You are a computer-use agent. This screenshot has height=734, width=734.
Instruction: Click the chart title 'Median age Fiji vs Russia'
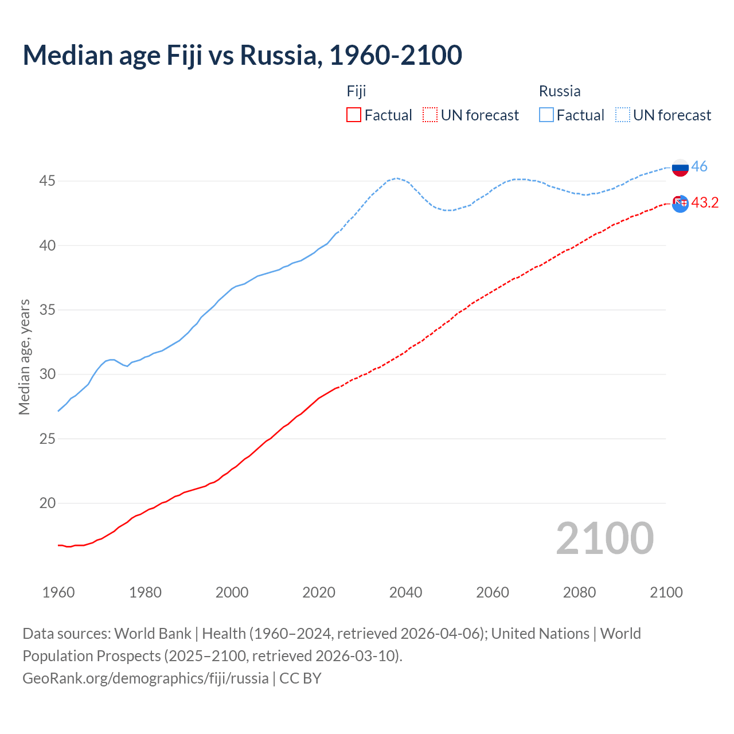pos(242,55)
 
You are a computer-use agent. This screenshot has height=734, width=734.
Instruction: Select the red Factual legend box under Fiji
pos(354,115)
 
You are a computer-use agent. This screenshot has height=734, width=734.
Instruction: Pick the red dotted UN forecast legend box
pos(430,115)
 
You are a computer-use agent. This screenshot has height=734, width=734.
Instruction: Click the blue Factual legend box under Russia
pos(546,115)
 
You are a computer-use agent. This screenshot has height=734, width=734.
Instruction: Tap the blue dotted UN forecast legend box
pos(623,115)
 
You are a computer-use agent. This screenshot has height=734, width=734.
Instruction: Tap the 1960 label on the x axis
pos(58,592)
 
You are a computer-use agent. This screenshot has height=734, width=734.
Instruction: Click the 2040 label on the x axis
pos(406,592)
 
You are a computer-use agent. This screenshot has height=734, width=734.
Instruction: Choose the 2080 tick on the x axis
pos(579,592)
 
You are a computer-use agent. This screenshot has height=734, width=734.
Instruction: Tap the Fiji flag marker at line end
pos(680,203)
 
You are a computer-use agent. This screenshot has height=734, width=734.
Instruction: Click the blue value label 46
pos(699,167)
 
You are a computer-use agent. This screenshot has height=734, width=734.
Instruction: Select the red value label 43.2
pos(705,203)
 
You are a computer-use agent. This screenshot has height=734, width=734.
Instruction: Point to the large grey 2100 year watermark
pos(605,538)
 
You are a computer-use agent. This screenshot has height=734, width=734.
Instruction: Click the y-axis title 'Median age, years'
pos(24,357)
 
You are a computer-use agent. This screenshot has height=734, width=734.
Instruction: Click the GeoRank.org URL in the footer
pos(146,678)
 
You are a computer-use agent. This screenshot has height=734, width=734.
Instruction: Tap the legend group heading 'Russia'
pos(560,91)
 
